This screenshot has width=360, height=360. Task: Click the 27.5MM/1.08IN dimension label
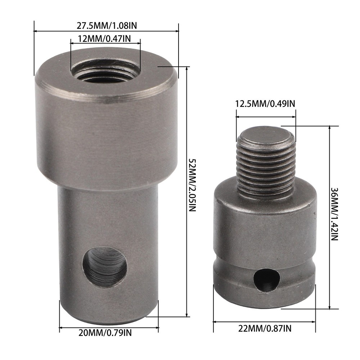[x=106, y=26]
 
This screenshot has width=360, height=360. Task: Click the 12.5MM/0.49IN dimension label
[x=265, y=104]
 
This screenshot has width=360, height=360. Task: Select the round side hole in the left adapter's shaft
[x=104, y=266]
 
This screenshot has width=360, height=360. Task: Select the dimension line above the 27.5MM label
[x=106, y=31]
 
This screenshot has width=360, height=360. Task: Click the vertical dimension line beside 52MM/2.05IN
[x=186, y=191]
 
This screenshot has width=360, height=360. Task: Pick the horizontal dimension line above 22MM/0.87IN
[x=264, y=322]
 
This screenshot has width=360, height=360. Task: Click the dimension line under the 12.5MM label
[x=266, y=117]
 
